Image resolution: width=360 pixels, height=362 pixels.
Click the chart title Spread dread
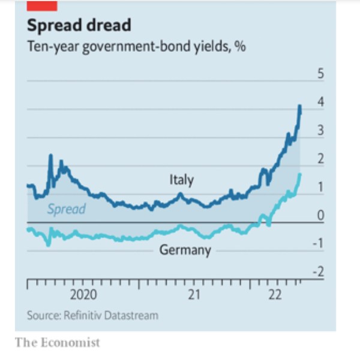click(x=79, y=26)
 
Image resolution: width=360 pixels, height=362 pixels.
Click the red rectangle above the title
click(x=42, y=5)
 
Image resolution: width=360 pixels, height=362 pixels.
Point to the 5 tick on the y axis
click(x=320, y=74)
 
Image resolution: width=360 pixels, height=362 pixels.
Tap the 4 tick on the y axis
click(x=320, y=102)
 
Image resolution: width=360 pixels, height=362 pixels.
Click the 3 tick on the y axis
click(x=320, y=130)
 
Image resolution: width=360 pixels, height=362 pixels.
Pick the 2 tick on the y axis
click(x=320, y=158)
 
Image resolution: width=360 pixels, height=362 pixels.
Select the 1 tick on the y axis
click(x=320, y=187)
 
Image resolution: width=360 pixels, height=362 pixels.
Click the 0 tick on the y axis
click(x=320, y=215)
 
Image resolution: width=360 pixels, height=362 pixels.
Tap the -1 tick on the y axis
click(x=319, y=243)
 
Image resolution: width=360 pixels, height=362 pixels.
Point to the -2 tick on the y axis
click(x=319, y=271)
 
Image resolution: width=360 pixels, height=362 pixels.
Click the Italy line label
click(x=181, y=179)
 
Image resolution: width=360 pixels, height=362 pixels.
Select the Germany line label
click(x=185, y=250)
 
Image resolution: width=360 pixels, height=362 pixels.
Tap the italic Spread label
click(x=66, y=209)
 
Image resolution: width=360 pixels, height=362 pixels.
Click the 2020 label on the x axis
click(x=83, y=295)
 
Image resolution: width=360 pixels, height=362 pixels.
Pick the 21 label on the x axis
click(x=194, y=295)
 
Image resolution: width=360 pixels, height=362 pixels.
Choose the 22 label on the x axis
click(x=275, y=295)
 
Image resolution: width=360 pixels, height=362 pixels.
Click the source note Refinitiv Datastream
click(x=92, y=315)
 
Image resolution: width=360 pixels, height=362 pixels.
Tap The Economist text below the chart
click(x=58, y=343)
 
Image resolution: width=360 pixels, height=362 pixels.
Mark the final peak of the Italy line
click(x=299, y=106)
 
